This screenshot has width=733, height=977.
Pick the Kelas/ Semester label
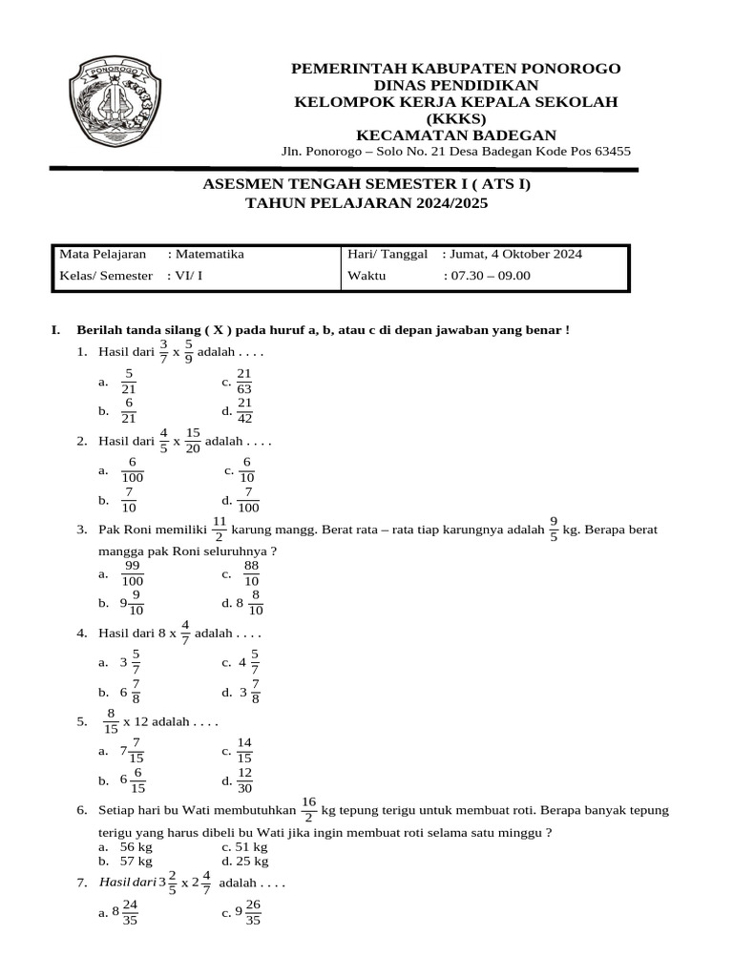click(x=106, y=276)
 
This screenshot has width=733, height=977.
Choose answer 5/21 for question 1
click(x=129, y=381)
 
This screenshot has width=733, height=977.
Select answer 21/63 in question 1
click(x=243, y=381)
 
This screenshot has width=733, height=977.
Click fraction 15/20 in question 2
click(x=193, y=442)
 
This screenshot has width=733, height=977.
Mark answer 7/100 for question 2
click(x=248, y=500)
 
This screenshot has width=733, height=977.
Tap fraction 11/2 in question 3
click(x=219, y=529)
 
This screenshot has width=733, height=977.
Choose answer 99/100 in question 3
click(x=133, y=573)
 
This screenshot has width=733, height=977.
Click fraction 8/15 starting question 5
click(x=111, y=721)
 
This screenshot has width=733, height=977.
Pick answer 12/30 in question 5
click(x=244, y=780)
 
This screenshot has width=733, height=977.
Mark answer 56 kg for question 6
click(x=132, y=846)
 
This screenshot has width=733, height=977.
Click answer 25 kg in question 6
click(x=252, y=860)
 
